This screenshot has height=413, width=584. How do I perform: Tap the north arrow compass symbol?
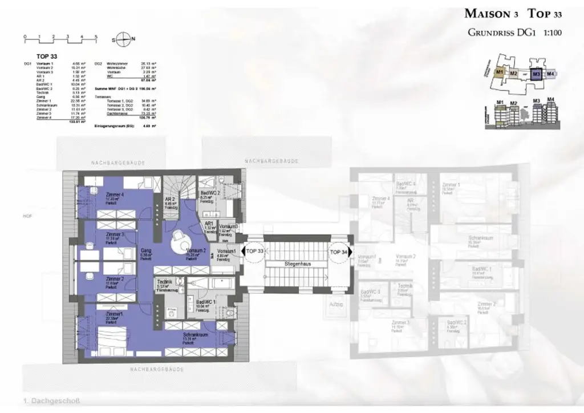[x=123, y=39]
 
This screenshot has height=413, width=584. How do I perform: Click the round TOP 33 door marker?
[x=254, y=251]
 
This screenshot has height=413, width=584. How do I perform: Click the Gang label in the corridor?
[x=146, y=250]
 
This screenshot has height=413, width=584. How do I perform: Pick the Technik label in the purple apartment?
[x=164, y=282]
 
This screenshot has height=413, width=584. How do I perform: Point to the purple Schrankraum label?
[x=194, y=335]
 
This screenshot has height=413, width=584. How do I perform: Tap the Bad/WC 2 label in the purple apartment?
[x=211, y=193]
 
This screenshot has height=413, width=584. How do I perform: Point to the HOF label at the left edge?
[x=27, y=216]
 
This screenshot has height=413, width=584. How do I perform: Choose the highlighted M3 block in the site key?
[x=536, y=74]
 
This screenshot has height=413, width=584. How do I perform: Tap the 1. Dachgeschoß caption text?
[x=52, y=402]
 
